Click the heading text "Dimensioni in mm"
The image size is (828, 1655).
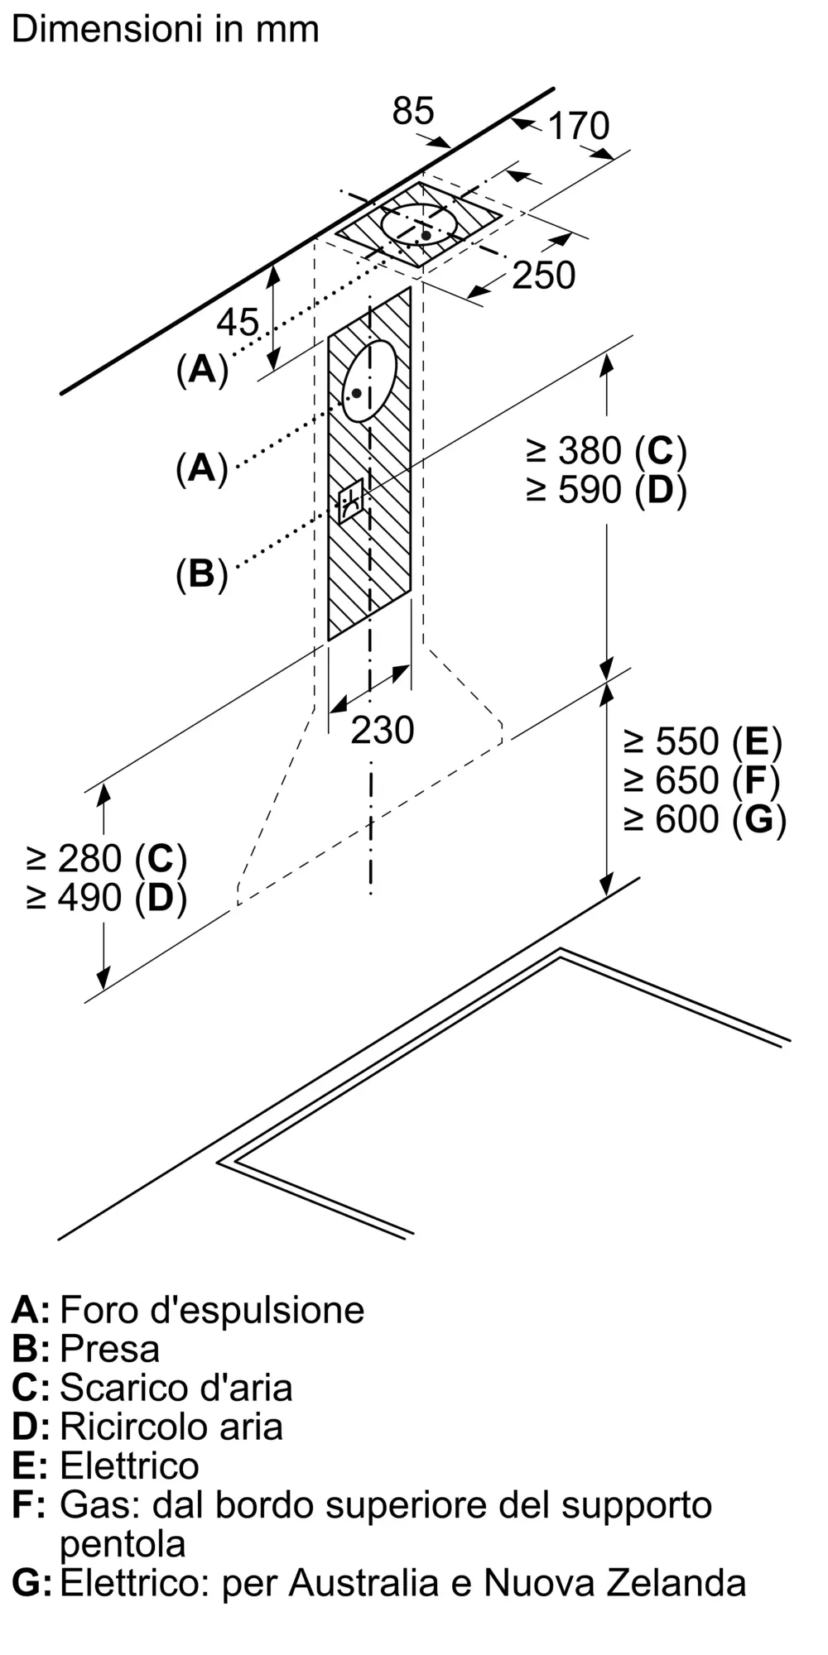pyautogui.click(x=165, y=30)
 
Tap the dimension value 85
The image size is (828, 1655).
pyautogui.click(x=412, y=110)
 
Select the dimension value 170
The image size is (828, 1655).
pyautogui.click(x=578, y=126)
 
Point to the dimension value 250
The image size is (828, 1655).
pyautogui.click(x=543, y=276)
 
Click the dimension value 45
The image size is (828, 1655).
pyautogui.click(x=238, y=322)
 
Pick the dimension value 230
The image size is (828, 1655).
pyautogui.click(x=382, y=730)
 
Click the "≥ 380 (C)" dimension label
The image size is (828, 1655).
pyautogui.click(x=606, y=451)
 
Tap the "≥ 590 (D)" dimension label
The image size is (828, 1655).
pyautogui.click(x=606, y=491)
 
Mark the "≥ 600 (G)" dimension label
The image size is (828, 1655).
pyautogui.click(x=704, y=819)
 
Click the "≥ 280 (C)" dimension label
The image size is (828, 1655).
pyautogui.click(x=106, y=859)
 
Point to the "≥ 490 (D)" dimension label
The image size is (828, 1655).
pyautogui.click(x=106, y=898)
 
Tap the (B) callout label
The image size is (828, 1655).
pyautogui.click(x=201, y=573)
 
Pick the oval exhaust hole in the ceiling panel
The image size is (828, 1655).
pyautogui.click(x=419, y=223)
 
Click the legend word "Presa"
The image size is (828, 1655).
pyautogui.click(x=109, y=1349)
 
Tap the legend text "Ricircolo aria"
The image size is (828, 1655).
pyautogui.click(x=171, y=1427)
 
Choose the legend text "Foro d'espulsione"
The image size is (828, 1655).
pyautogui.click(x=212, y=1310)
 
